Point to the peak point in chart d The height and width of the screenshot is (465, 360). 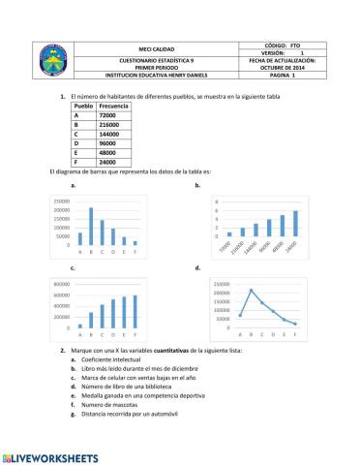coord(252,290)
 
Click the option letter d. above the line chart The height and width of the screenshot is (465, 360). coord(197,266)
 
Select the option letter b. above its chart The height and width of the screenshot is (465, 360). coord(197,184)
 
